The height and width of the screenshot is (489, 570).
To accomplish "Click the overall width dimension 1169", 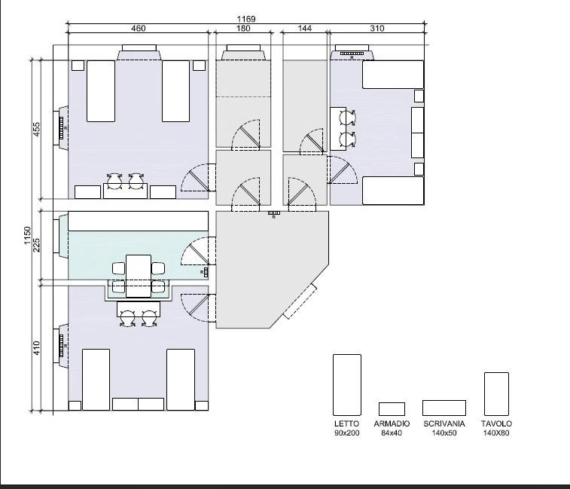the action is click(x=246, y=19).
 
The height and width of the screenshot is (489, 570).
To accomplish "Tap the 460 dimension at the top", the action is click(x=138, y=28).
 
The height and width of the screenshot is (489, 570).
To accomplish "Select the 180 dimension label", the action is click(x=243, y=28).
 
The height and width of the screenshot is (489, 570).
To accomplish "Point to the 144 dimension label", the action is click(x=305, y=28).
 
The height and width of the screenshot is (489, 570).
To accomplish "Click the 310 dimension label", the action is click(x=377, y=28).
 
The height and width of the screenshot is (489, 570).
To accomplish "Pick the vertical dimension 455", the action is click(x=36, y=129).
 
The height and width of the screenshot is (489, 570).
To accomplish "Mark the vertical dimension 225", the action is click(x=36, y=245).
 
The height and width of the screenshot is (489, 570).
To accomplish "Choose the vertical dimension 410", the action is click(x=36, y=348).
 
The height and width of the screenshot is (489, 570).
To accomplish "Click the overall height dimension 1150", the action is click(x=27, y=236).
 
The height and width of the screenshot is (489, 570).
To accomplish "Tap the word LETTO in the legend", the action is click(x=346, y=423).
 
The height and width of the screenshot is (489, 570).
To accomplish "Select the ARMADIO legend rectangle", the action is click(x=392, y=409).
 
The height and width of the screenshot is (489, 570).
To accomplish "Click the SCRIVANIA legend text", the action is click(x=444, y=423).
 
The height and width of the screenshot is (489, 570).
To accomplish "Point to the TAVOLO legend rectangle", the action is click(x=496, y=393).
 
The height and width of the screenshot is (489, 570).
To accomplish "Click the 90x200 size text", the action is click(x=347, y=432).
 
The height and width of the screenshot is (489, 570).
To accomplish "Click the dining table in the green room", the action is click(x=139, y=276).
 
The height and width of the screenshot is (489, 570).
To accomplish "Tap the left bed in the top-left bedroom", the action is click(x=101, y=91).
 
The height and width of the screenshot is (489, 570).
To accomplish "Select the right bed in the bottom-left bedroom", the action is click(x=181, y=380).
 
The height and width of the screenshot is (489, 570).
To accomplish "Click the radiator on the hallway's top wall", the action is click(x=274, y=212).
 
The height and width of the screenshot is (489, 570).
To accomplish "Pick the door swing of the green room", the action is click(x=195, y=251).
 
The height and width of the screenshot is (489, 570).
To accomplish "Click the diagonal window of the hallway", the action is click(x=300, y=301).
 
